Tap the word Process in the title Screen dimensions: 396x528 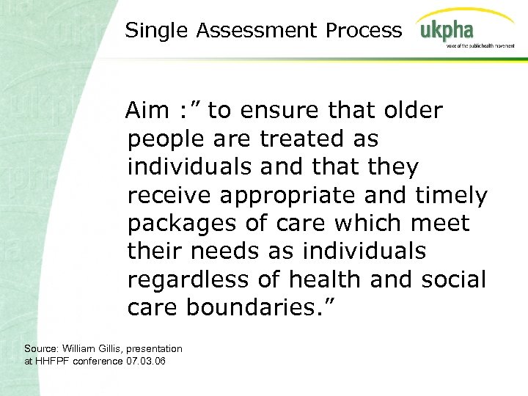coord(364,30)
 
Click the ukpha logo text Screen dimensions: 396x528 coord(447,32)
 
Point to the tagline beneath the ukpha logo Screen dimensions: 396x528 coord(480,45)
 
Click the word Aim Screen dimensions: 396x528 coord(146,111)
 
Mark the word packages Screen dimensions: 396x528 coord(180,224)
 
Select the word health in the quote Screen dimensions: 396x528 coord(327,279)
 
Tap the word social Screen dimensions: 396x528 coord(455,279)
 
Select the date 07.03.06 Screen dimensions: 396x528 coord(146,361)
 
